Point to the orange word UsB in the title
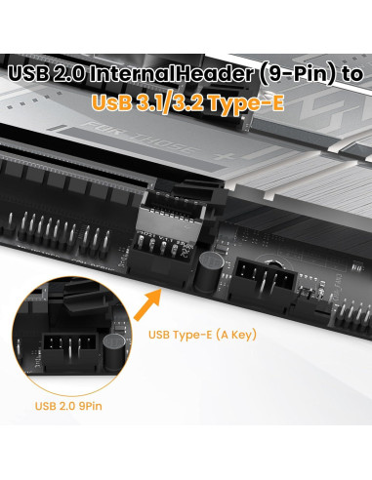tap(110, 102)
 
